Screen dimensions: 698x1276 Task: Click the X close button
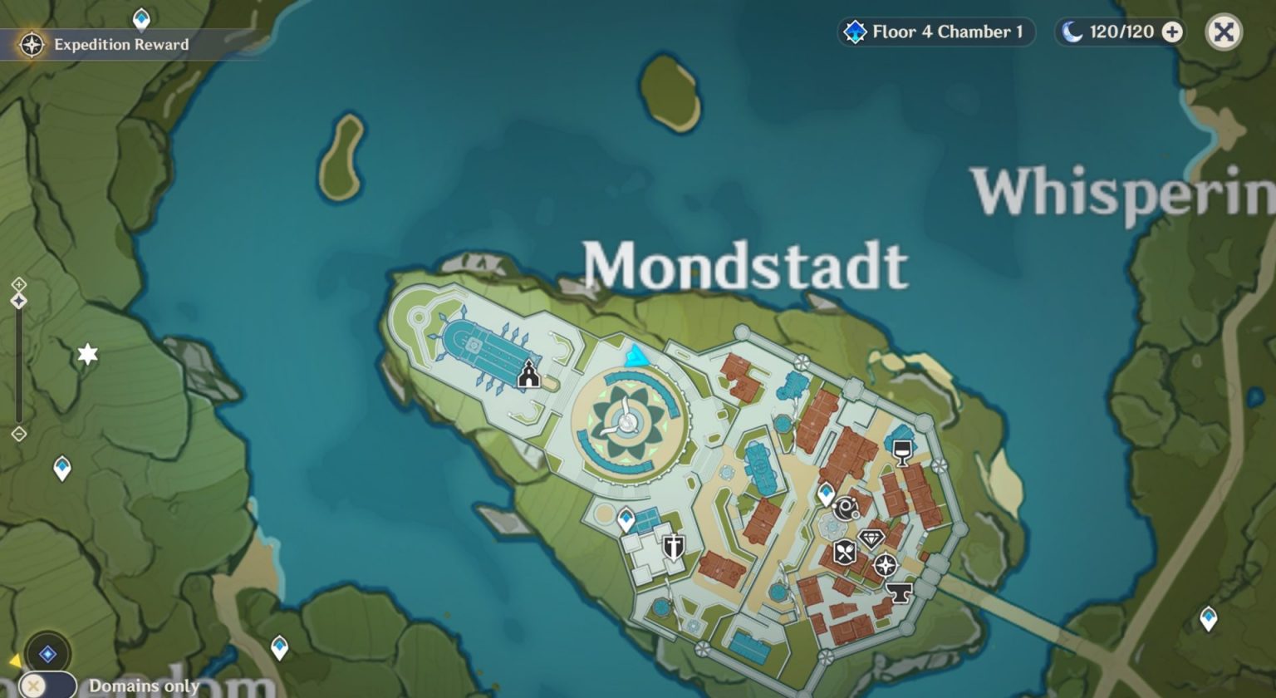point(1224,32)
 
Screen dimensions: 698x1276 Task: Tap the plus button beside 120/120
point(1172,32)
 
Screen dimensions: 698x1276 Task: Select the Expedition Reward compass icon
point(32,44)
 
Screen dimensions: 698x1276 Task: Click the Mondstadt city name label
point(744,267)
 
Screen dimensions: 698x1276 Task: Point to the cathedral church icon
point(528,375)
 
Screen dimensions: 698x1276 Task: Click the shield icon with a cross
point(674,547)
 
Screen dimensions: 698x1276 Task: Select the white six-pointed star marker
point(87,355)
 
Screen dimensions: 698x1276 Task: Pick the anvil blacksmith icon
point(899,592)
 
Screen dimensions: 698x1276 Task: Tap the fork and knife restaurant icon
point(845,551)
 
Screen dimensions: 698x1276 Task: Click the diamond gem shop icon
point(871,538)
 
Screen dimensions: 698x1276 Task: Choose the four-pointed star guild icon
point(886,566)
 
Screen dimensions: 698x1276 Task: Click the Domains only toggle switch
point(48,686)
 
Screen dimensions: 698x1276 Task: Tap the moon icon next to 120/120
point(1072,32)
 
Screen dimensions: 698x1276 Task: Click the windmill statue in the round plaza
point(625,421)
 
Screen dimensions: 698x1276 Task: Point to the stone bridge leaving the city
point(1022,616)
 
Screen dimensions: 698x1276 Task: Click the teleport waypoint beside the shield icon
point(626,519)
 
